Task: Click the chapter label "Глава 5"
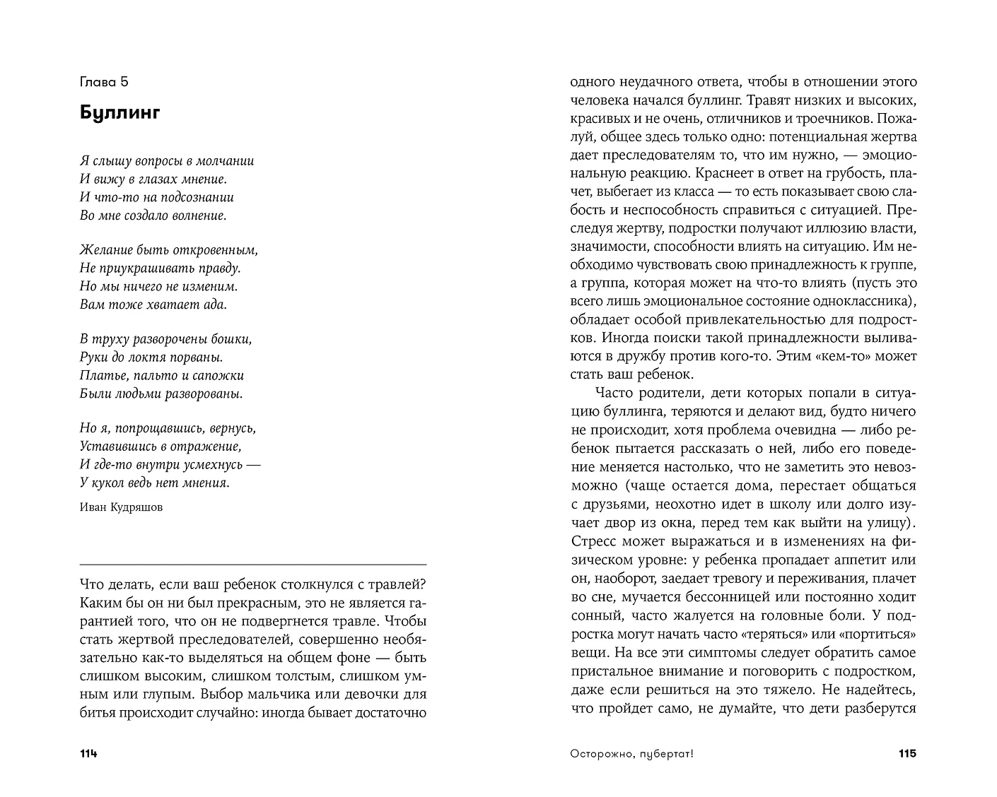[104, 83]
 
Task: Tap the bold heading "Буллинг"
[120, 112]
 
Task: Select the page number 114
[88, 754]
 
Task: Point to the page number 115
[907, 754]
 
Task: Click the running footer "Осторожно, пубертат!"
[631, 754]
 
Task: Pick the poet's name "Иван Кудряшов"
[121, 507]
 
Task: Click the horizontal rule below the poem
[253, 565]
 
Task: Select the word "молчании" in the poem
[226, 161]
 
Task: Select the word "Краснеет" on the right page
[723, 173]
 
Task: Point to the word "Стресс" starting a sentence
[593, 541]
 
